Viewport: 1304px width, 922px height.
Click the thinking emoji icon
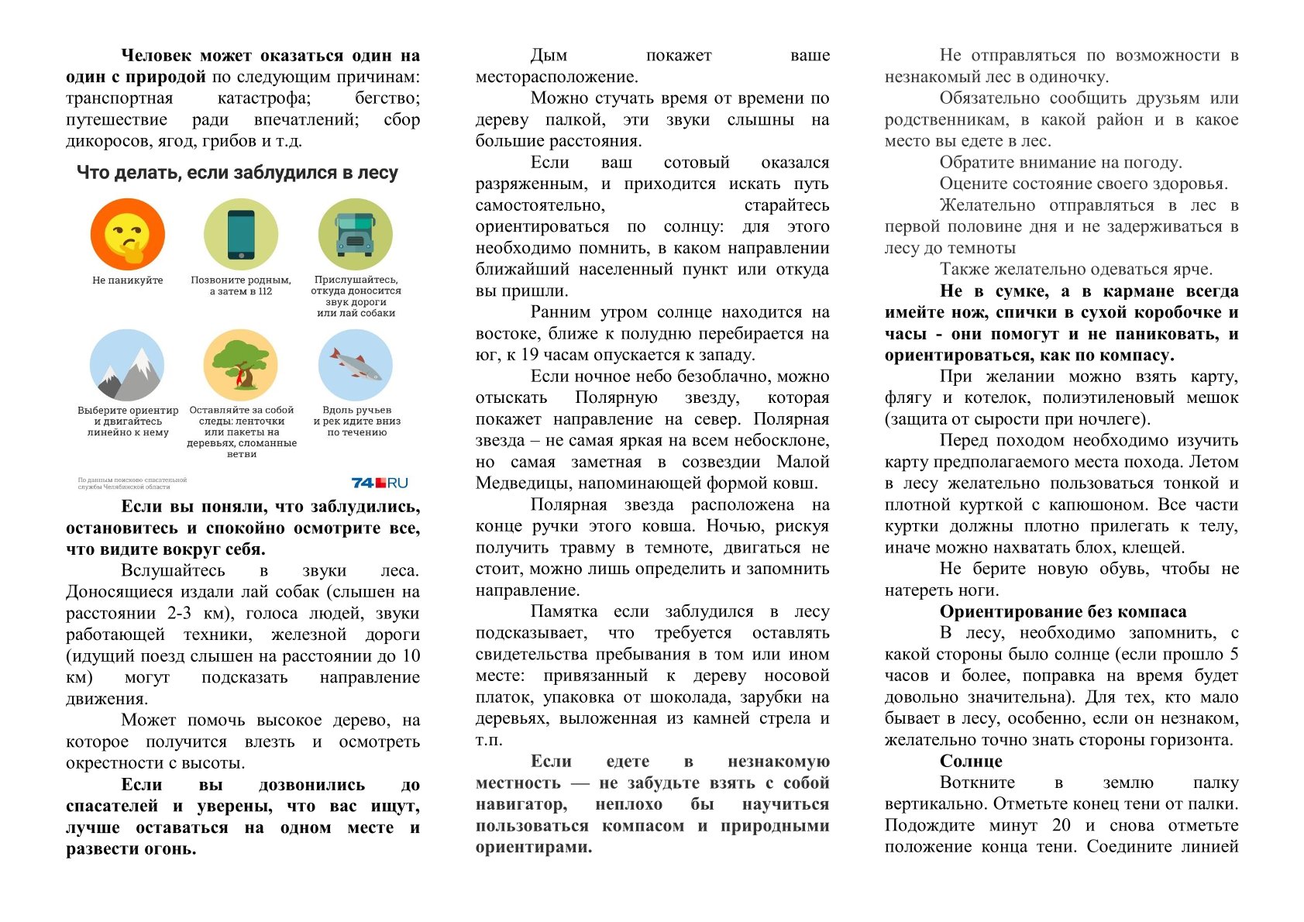coord(127,233)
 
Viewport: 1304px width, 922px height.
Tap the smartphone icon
coord(241,233)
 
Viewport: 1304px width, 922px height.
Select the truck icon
coord(356,233)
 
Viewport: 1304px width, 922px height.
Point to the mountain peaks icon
coord(127,365)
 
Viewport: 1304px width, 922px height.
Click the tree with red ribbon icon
coord(241,365)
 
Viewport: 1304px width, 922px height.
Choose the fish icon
coord(356,365)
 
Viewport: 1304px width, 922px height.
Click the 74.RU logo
coord(379,483)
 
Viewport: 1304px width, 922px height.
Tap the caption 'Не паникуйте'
coord(127,280)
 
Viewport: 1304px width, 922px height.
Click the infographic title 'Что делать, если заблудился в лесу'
coord(237,173)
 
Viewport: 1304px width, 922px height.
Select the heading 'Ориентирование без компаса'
coord(1063,611)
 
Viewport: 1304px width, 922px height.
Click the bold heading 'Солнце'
coord(971,761)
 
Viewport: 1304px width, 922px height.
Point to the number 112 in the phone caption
coord(265,291)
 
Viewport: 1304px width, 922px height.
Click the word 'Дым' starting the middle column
coord(549,55)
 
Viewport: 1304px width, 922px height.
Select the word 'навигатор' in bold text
coord(521,804)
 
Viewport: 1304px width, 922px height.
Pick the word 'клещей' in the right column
coord(1158,548)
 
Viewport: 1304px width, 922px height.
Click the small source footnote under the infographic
coord(132,483)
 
